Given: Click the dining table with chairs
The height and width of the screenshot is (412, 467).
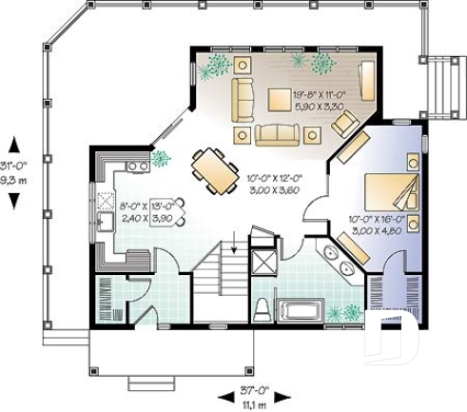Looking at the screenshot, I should [215, 170].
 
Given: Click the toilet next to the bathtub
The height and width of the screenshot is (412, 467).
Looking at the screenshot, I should [263, 310].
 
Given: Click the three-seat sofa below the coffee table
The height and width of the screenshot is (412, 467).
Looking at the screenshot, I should [276, 134].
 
